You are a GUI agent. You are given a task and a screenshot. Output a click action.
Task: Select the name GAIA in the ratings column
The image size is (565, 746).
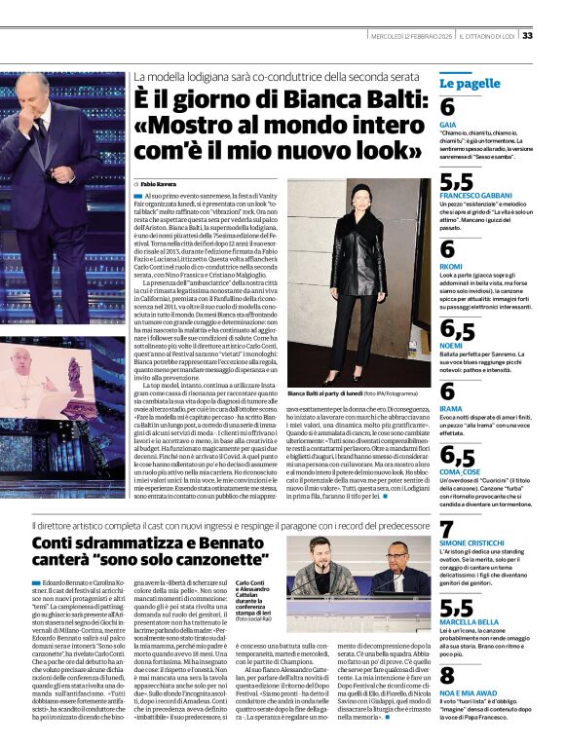pyautogui.click(x=447, y=126)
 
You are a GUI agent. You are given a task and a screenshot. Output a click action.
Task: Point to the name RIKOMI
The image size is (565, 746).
pyautogui.click(x=451, y=265)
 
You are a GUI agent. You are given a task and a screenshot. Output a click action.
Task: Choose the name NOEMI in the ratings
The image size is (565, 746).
pyautogui.click(x=451, y=344)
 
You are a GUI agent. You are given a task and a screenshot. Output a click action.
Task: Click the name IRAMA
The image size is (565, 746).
pyautogui.click(x=451, y=410)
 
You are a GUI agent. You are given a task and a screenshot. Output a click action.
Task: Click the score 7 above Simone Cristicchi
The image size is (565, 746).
pyautogui.click(x=447, y=531)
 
